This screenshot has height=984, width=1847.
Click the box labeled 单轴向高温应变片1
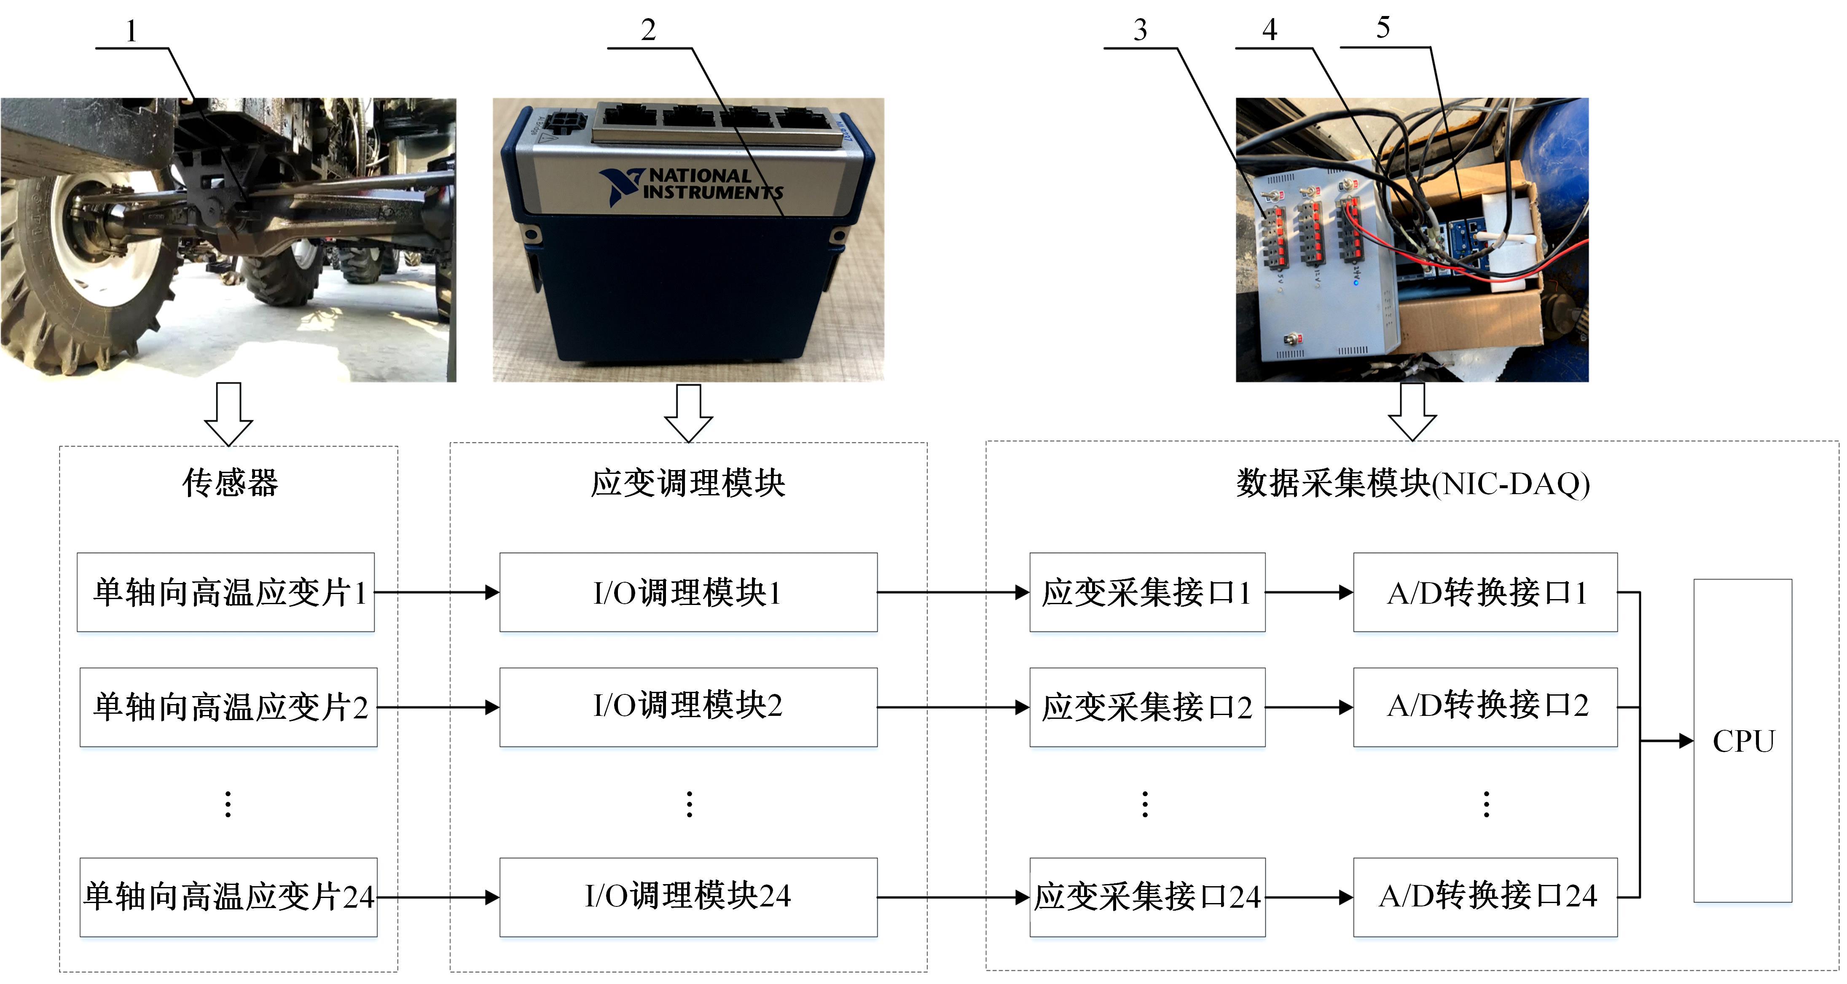[x=226, y=592]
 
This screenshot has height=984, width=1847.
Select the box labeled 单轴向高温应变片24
[x=228, y=896]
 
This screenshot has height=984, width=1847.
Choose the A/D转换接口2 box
[x=1485, y=707]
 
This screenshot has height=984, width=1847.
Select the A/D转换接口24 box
[x=1485, y=896]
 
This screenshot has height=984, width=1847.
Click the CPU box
[x=1742, y=740]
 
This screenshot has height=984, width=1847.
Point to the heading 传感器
[x=229, y=483]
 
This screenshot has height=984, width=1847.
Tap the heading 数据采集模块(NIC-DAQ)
[x=1412, y=483]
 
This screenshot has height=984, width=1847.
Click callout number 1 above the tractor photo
[x=131, y=31]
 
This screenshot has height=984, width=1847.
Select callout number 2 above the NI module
[x=648, y=30]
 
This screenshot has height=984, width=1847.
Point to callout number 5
[x=1383, y=28]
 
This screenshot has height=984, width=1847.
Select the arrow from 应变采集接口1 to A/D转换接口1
[x=1308, y=592]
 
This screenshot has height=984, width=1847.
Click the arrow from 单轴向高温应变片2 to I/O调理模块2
[x=438, y=707]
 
